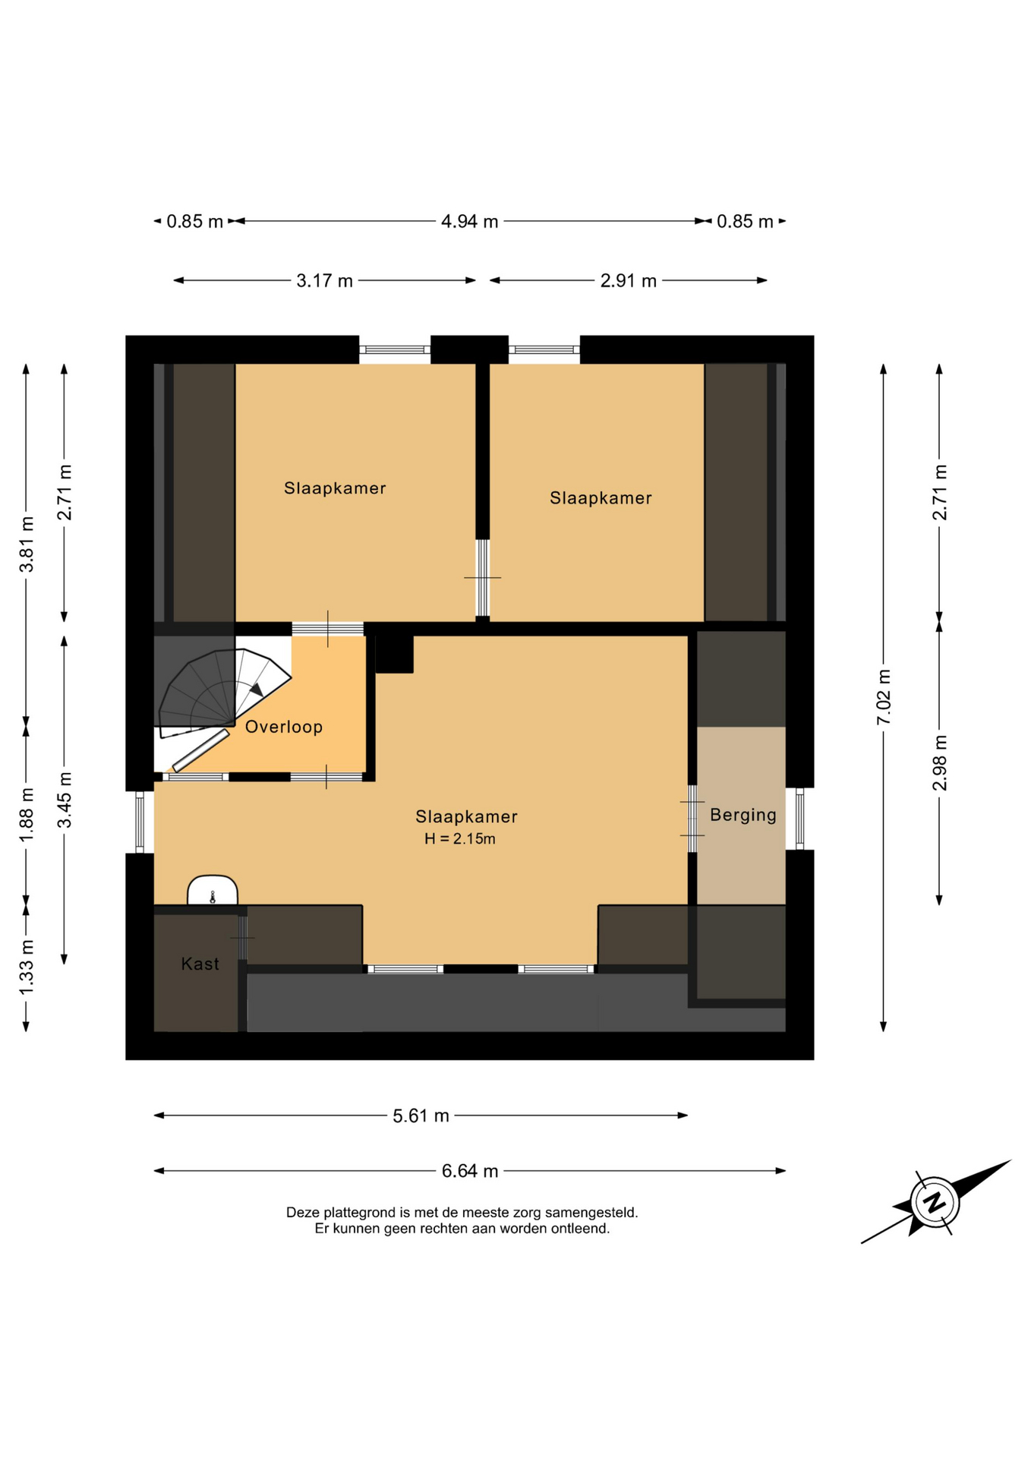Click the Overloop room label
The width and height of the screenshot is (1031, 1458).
point(284,727)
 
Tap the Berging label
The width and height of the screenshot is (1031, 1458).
point(743,815)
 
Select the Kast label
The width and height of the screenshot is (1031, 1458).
point(200,964)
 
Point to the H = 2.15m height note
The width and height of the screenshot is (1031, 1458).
point(460,838)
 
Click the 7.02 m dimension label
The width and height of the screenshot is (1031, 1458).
point(884,697)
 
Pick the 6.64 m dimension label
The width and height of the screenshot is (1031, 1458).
point(470,1171)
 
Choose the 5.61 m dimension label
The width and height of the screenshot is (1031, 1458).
point(421,1116)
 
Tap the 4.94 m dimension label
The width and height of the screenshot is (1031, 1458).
point(470,221)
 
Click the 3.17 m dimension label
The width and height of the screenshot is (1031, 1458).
point(324,281)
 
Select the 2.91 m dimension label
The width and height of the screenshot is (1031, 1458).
point(628,281)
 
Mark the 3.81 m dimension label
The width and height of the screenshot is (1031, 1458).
point(27,544)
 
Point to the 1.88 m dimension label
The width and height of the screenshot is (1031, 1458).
point(27,814)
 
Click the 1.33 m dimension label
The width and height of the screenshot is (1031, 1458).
point(27,967)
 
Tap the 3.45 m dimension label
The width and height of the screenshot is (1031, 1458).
point(65,800)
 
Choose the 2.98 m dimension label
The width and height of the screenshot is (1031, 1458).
point(940,762)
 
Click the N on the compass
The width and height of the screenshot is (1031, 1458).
point(935,1202)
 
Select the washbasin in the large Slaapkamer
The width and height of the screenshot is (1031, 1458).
point(213,890)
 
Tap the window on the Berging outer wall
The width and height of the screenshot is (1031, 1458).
point(799,819)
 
